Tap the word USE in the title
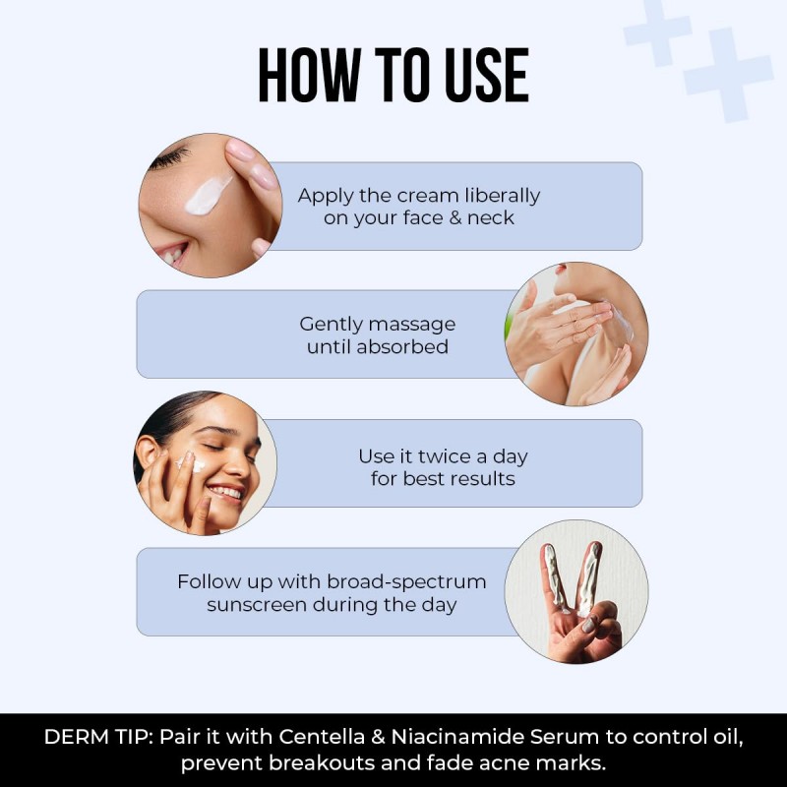coord(487,76)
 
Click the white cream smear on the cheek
coord(208,195)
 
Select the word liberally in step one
coord(503,196)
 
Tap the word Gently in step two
coord(329,326)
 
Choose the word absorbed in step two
coord(402,346)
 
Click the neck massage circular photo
coord(576,333)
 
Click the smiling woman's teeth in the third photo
coord(226,492)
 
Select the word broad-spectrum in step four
coord(406,582)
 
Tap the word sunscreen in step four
coord(257,605)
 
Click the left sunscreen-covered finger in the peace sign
coord(555,577)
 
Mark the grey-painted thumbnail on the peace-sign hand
coord(588,625)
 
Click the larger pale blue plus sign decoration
coord(728,76)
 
